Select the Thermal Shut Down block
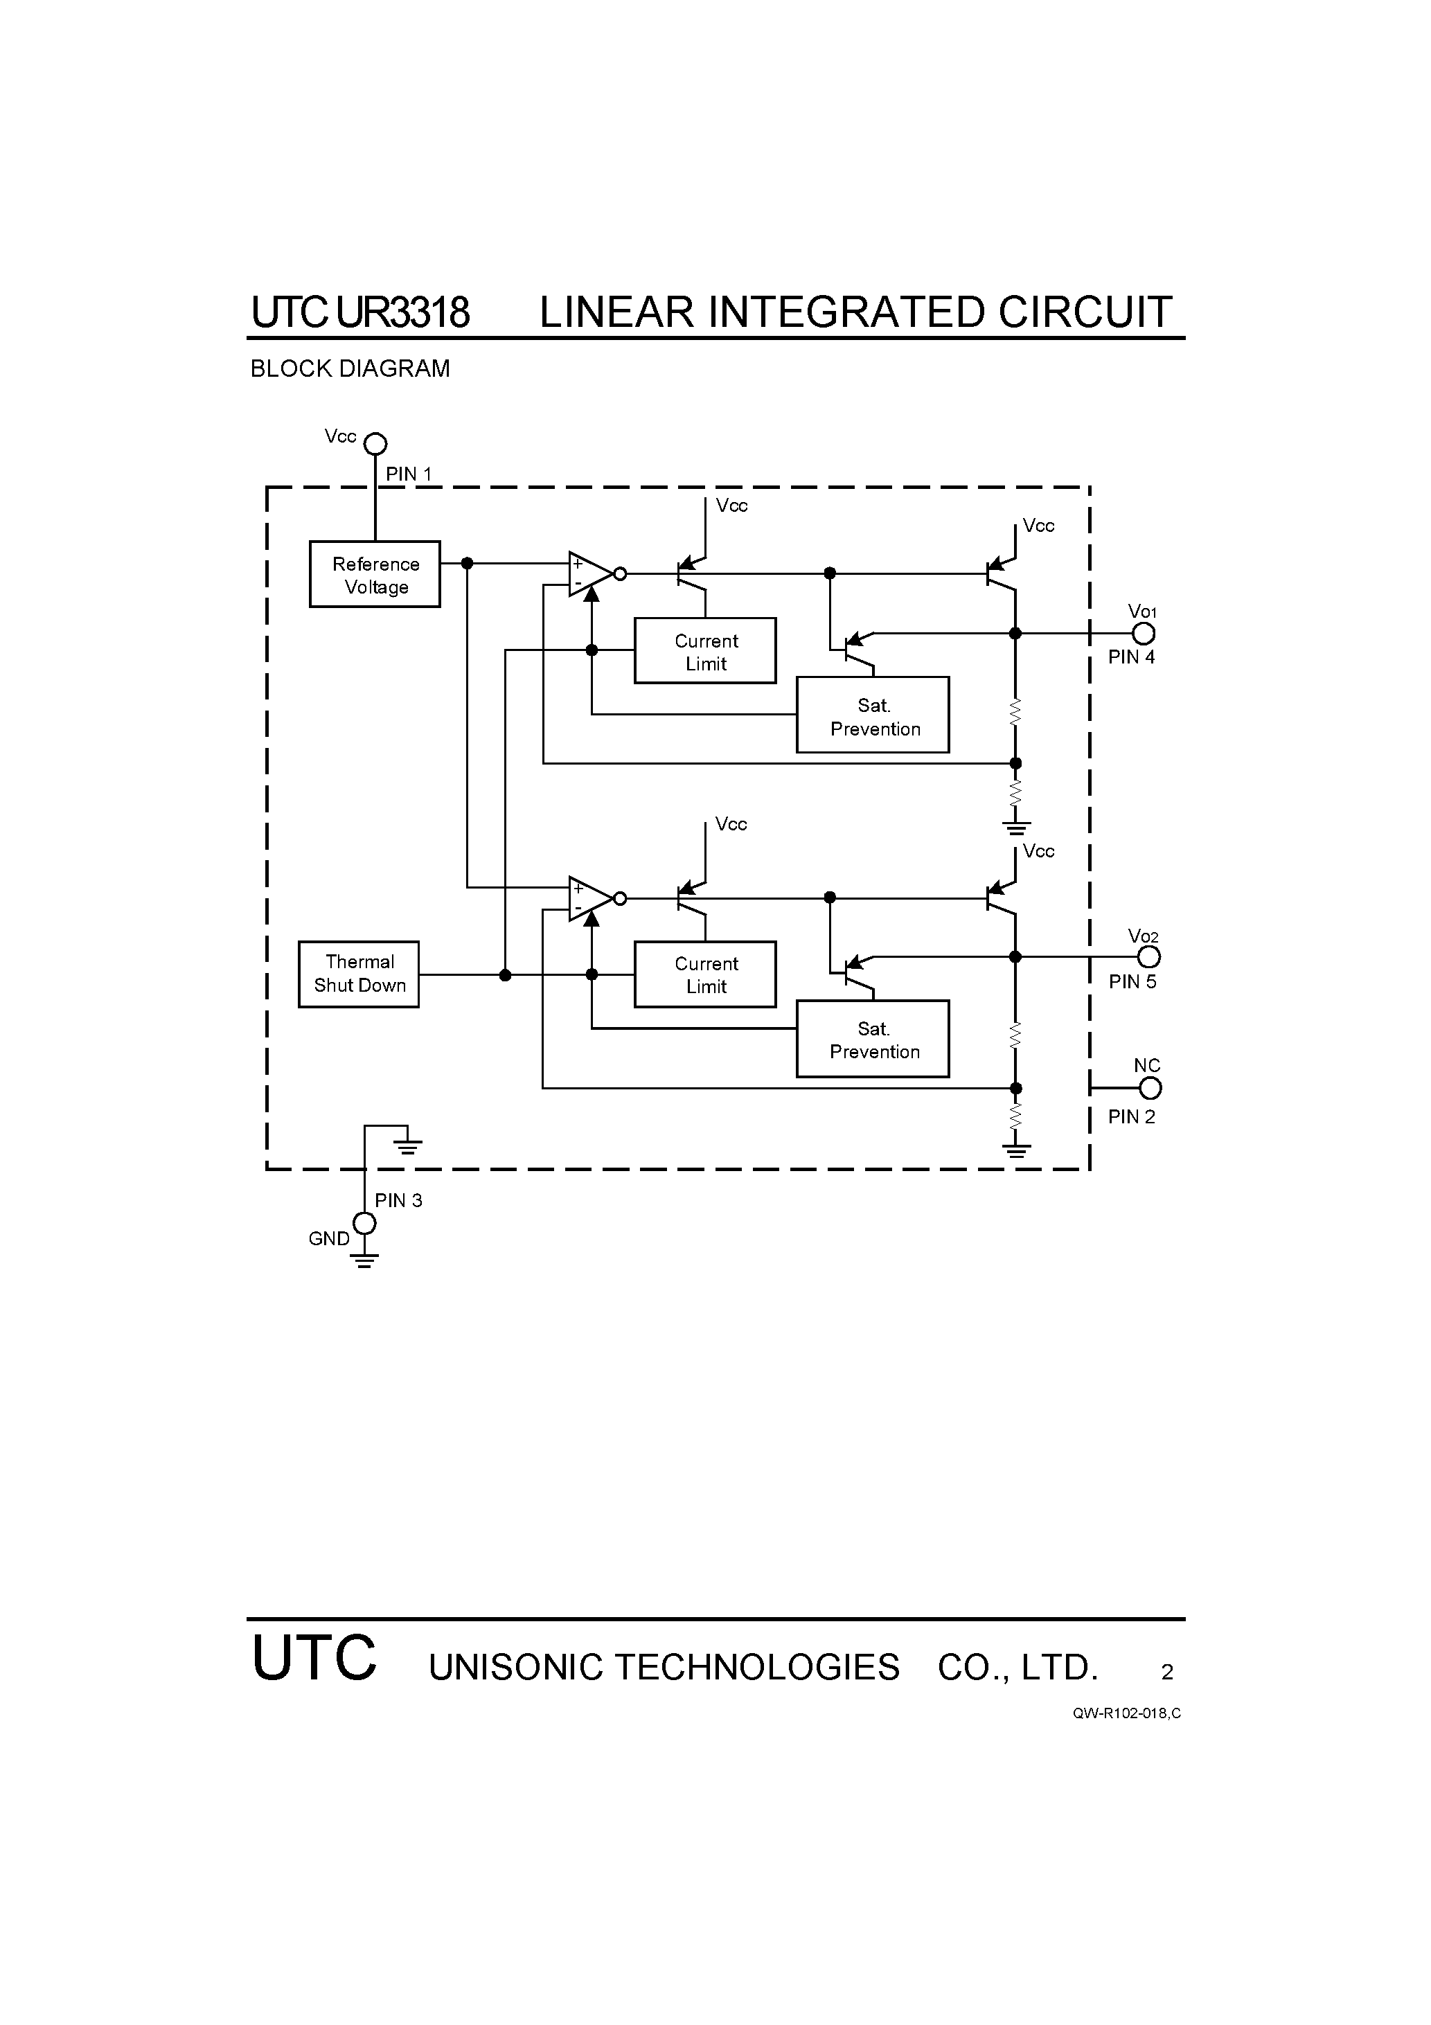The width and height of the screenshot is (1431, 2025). [359, 974]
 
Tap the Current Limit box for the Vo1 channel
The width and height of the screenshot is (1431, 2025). [705, 651]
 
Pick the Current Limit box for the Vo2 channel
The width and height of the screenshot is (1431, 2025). [705, 974]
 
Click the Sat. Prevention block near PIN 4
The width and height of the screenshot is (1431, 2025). [873, 715]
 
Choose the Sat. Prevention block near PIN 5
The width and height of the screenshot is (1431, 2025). [873, 1039]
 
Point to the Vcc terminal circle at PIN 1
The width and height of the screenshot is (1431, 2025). [376, 444]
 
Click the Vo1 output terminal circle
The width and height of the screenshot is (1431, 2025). [1144, 633]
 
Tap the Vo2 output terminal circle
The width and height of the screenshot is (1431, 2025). [1148, 957]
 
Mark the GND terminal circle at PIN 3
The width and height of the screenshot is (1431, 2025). [364, 1223]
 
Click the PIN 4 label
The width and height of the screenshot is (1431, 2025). [1131, 657]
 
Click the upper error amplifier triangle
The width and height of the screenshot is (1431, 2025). [587, 574]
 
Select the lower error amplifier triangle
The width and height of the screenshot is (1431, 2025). [587, 899]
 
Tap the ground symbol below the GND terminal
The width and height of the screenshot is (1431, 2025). [364, 1260]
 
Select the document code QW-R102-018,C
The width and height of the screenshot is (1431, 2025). [1127, 1713]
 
